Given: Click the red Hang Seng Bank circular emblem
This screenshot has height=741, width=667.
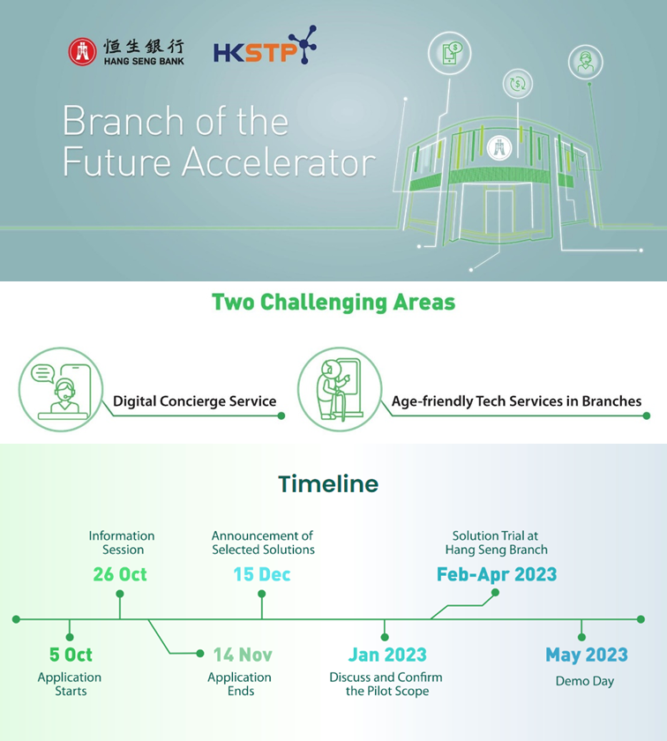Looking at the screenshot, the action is [x=82, y=51].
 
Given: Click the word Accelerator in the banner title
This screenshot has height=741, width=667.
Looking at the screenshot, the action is [x=279, y=162].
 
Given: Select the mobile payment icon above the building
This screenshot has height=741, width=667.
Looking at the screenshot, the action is [x=450, y=54].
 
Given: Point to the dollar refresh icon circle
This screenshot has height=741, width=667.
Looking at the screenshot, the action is [x=518, y=84].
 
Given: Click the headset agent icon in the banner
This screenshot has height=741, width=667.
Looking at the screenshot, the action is [x=586, y=62].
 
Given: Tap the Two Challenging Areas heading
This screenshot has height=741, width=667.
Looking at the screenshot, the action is [x=333, y=303].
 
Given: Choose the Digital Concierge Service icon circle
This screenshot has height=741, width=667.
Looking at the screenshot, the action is [x=61, y=389].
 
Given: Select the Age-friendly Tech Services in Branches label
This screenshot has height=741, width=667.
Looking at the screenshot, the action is [x=516, y=401].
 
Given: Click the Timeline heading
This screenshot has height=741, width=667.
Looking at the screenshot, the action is [x=328, y=484].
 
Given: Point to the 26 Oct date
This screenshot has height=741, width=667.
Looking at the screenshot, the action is [x=120, y=574].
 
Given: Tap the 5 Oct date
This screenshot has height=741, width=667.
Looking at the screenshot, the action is [x=71, y=655].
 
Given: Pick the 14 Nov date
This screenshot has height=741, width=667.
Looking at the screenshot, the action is [x=243, y=655].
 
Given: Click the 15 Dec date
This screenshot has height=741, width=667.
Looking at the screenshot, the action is [x=262, y=574].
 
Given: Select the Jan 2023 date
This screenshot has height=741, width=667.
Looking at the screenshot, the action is [x=387, y=655].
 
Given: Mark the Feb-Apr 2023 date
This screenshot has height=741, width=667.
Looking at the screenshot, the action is [x=497, y=574].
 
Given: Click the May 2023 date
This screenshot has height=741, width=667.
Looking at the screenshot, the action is [x=587, y=655].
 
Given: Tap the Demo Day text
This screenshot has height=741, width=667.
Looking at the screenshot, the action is [x=585, y=681].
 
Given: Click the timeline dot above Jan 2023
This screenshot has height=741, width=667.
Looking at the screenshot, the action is [x=385, y=637].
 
